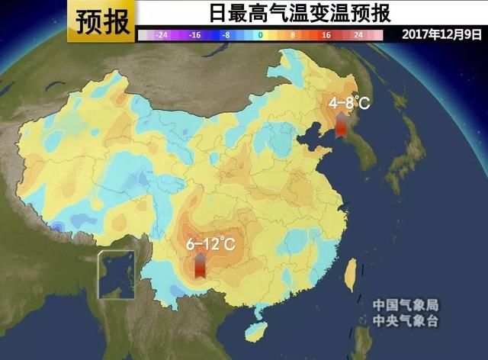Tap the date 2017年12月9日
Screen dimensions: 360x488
pyautogui.click(x=442, y=35)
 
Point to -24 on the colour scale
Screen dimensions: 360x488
pyautogui.click(x=160, y=35)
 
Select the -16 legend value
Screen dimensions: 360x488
pyautogui.click(x=194, y=35)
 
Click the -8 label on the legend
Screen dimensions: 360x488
pyautogui.click(x=226, y=35)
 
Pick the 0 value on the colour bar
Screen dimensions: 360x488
pyautogui.click(x=260, y=35)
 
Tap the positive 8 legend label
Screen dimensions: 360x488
pyautogui.click(x=293, y=35)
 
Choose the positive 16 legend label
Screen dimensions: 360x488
pyautogui.click(x=326, y=35)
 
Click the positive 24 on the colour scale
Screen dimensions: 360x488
pyautogui.click(x=358, y=35)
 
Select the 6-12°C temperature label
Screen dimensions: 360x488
pyautogui.click(x=210, y=245)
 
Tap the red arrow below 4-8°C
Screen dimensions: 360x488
pyautogui.click(x=341, y=124)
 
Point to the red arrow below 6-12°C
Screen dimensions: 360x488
pyautogui.click(x=199, y=266)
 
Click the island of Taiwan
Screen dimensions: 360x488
pyautogui.click(x=350, y=273)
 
